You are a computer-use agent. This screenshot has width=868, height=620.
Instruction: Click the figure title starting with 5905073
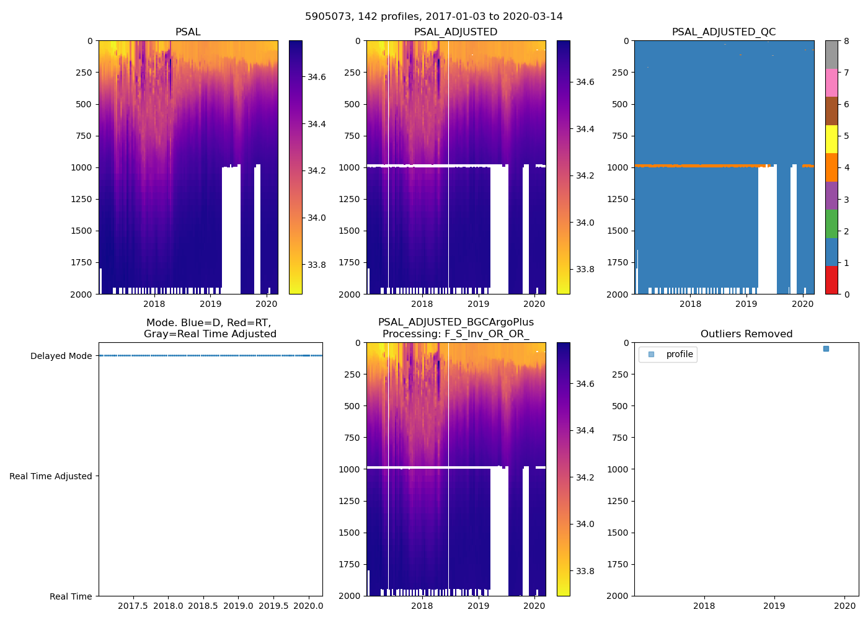(x=434, y=17)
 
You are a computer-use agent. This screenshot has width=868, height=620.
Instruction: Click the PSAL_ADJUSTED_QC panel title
(x=724, y=32)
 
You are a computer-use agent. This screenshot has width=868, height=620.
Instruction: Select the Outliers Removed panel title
(x=746, y=334)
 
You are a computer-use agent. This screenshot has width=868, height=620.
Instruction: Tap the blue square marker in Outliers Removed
(x=826, y=349)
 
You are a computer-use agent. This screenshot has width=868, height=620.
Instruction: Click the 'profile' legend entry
(x=680, y=355)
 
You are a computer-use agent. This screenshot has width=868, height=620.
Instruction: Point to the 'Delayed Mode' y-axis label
(x=61, y=356)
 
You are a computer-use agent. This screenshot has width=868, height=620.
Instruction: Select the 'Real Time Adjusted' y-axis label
(x=51, y=476)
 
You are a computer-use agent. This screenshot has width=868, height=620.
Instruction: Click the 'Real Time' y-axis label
(x=71, y=596)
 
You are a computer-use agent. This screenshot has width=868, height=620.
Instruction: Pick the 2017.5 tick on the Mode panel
(x=133, y=606)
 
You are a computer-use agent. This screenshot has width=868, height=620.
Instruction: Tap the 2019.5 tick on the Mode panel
(x=273, y=606)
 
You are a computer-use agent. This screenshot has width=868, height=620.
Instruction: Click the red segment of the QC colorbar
(x=831, y=280)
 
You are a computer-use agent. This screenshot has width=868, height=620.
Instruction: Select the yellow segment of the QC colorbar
(x=831, y=139)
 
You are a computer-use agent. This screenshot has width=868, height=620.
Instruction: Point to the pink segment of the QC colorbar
(x=831, y=83)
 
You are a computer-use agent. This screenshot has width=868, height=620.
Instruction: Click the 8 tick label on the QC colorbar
(x=847, y=41)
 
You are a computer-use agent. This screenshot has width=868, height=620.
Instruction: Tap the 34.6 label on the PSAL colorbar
(x=317, y=77)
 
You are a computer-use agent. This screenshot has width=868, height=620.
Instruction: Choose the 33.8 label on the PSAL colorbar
(x=317, y=265)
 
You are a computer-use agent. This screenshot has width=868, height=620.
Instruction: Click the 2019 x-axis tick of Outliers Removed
(x=774, y=606)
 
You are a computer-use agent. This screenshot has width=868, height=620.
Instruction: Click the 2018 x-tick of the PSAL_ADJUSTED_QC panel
(x=690, y=304)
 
